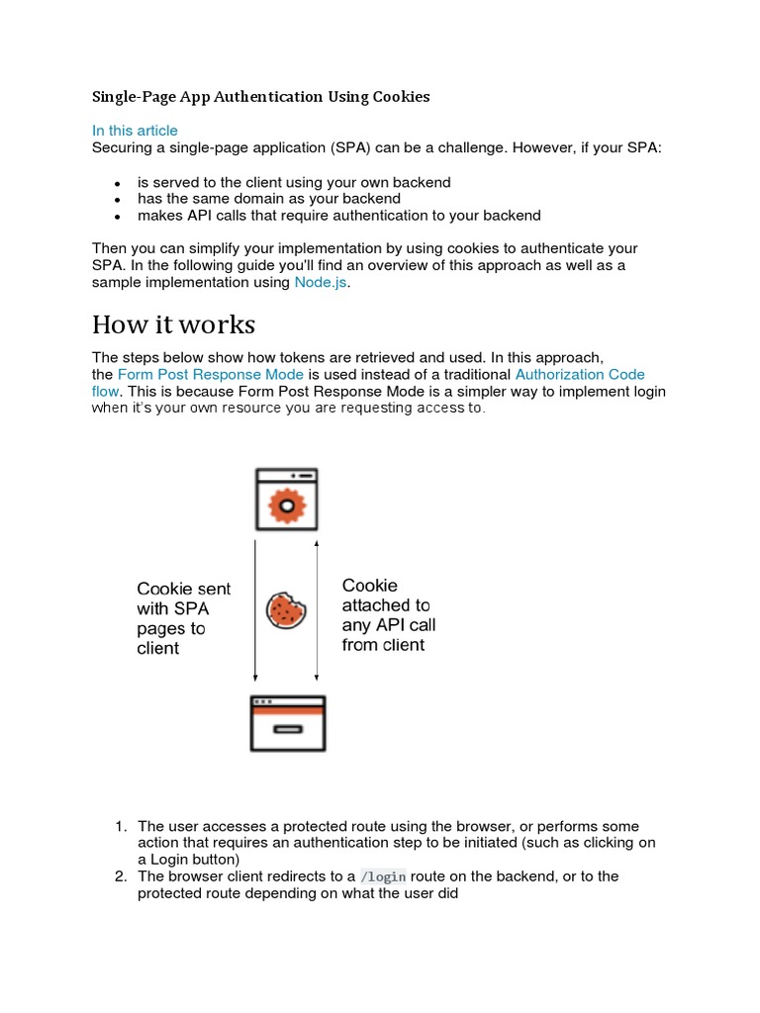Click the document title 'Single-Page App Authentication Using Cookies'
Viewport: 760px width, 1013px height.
(x=261, y=97)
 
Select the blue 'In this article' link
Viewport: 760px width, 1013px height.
(x=135, y=131)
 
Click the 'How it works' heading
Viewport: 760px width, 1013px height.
(x=173, y=324)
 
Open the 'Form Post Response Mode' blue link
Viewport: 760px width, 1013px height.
(x=210, y=375)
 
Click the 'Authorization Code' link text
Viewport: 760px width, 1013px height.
(x=580, y=375)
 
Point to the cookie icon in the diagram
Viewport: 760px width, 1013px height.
(x=287, y=610)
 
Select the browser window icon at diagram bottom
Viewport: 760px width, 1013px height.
(x=287, y=723)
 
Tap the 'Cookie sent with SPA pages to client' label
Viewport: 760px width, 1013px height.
(x=183, y=618)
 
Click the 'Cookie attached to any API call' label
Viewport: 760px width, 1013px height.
(x=388, y=615)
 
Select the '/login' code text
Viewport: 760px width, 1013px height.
(x=383, y=876)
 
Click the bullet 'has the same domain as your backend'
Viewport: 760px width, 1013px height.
(x=268, y=199)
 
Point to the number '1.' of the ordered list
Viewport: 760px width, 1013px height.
(x=121, y=826)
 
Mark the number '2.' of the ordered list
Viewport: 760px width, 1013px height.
(x=121, y=876)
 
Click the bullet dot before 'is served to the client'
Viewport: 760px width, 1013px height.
(x=117, y=184)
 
